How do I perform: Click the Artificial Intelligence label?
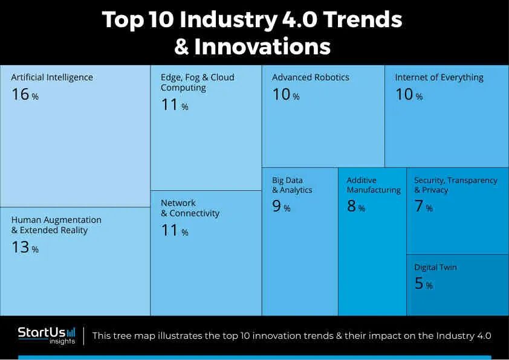coord(52,77)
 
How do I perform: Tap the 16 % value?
coord(25,95)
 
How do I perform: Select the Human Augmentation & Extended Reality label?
coord(56,225)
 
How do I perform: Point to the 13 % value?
coord(25,248)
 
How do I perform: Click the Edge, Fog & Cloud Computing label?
coord(197,82)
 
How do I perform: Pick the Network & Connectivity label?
coord(190,208)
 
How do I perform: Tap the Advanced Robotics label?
coord(311,77)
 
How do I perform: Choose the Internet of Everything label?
coord(439,77)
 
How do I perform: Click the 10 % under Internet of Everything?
coord(409,95)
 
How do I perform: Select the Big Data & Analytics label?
coord(292,185)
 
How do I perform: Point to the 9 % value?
coord(281,207)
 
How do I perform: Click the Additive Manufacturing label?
coord(374,185)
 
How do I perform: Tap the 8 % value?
coord(356,207)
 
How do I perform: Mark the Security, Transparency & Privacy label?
coord(455,185)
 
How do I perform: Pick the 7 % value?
coord(423,207)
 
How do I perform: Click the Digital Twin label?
coord(435,267)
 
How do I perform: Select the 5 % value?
coord(423,284)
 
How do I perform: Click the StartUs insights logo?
coord(47,335)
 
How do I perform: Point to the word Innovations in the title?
coord(262,47)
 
